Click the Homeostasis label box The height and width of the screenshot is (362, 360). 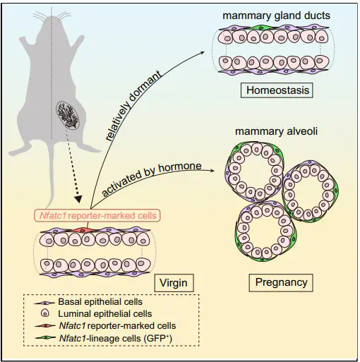(x=277, y=90)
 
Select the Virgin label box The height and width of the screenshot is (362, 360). (x=174, y=283)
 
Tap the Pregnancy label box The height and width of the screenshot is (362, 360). (x=281, y=282)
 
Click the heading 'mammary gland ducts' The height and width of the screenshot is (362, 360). (x=276, y=16)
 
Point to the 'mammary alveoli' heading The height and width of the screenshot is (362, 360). (x=276, y=131)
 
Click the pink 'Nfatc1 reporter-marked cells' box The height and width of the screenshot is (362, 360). (x=97, y=215)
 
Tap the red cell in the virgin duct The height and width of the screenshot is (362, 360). (x=81, y=230)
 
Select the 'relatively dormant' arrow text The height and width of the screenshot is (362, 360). (x=134, y=106)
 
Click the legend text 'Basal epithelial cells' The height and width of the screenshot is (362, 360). (x=100, y=302)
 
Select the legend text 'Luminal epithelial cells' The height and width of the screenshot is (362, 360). (x=105, y=314)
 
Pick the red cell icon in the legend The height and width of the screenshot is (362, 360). (x=46, y=326)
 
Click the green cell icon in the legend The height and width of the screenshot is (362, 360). (x=46, y=338)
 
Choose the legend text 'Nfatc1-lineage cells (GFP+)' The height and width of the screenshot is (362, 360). (x=116, y=339)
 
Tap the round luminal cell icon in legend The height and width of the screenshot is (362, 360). (x=45, y=313)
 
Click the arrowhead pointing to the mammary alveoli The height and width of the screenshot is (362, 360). (x=212, y=171)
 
